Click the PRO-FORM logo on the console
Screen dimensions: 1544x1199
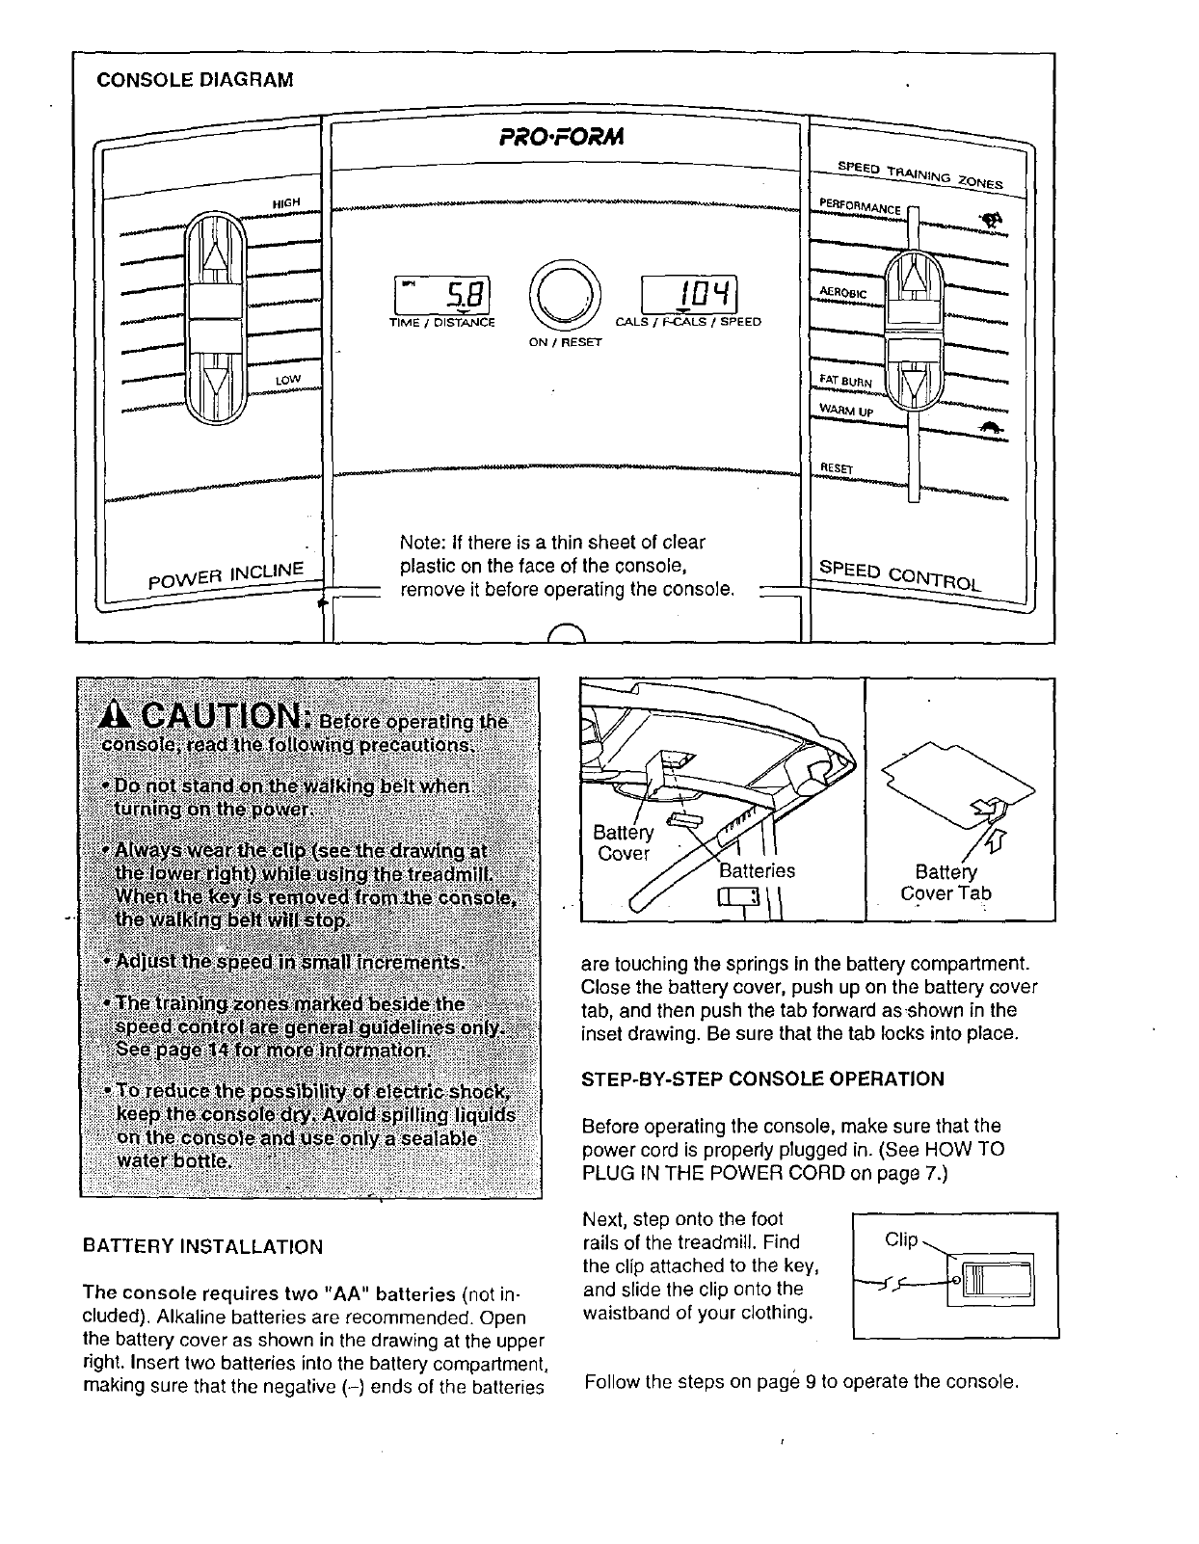pyautogui.click(x=563, y=137)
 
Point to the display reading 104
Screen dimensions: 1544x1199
pyautogui.click(x=689, y=292)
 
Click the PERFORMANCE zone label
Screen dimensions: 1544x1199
pyautogui.click(x=859, y=206)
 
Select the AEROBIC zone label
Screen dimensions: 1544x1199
pyautogui.click(x=843, y=290)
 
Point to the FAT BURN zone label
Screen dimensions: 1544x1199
pyautogui.click(x=845, y=382)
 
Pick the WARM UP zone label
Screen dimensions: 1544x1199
pyautogui.click(x=845, y=412)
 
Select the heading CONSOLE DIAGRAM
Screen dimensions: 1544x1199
pyautogui.click(x=194, y=79)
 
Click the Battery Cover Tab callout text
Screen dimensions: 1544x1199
pyautogui.click(x=946, y=882)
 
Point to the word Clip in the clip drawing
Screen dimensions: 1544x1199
pyautogui.click(x=901, y=1238)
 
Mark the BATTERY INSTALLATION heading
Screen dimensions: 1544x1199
pyautogui.click(x=202, y=1247)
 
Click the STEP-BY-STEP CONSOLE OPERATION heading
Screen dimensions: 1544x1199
pyautogui.click(x=762, y=1078)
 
